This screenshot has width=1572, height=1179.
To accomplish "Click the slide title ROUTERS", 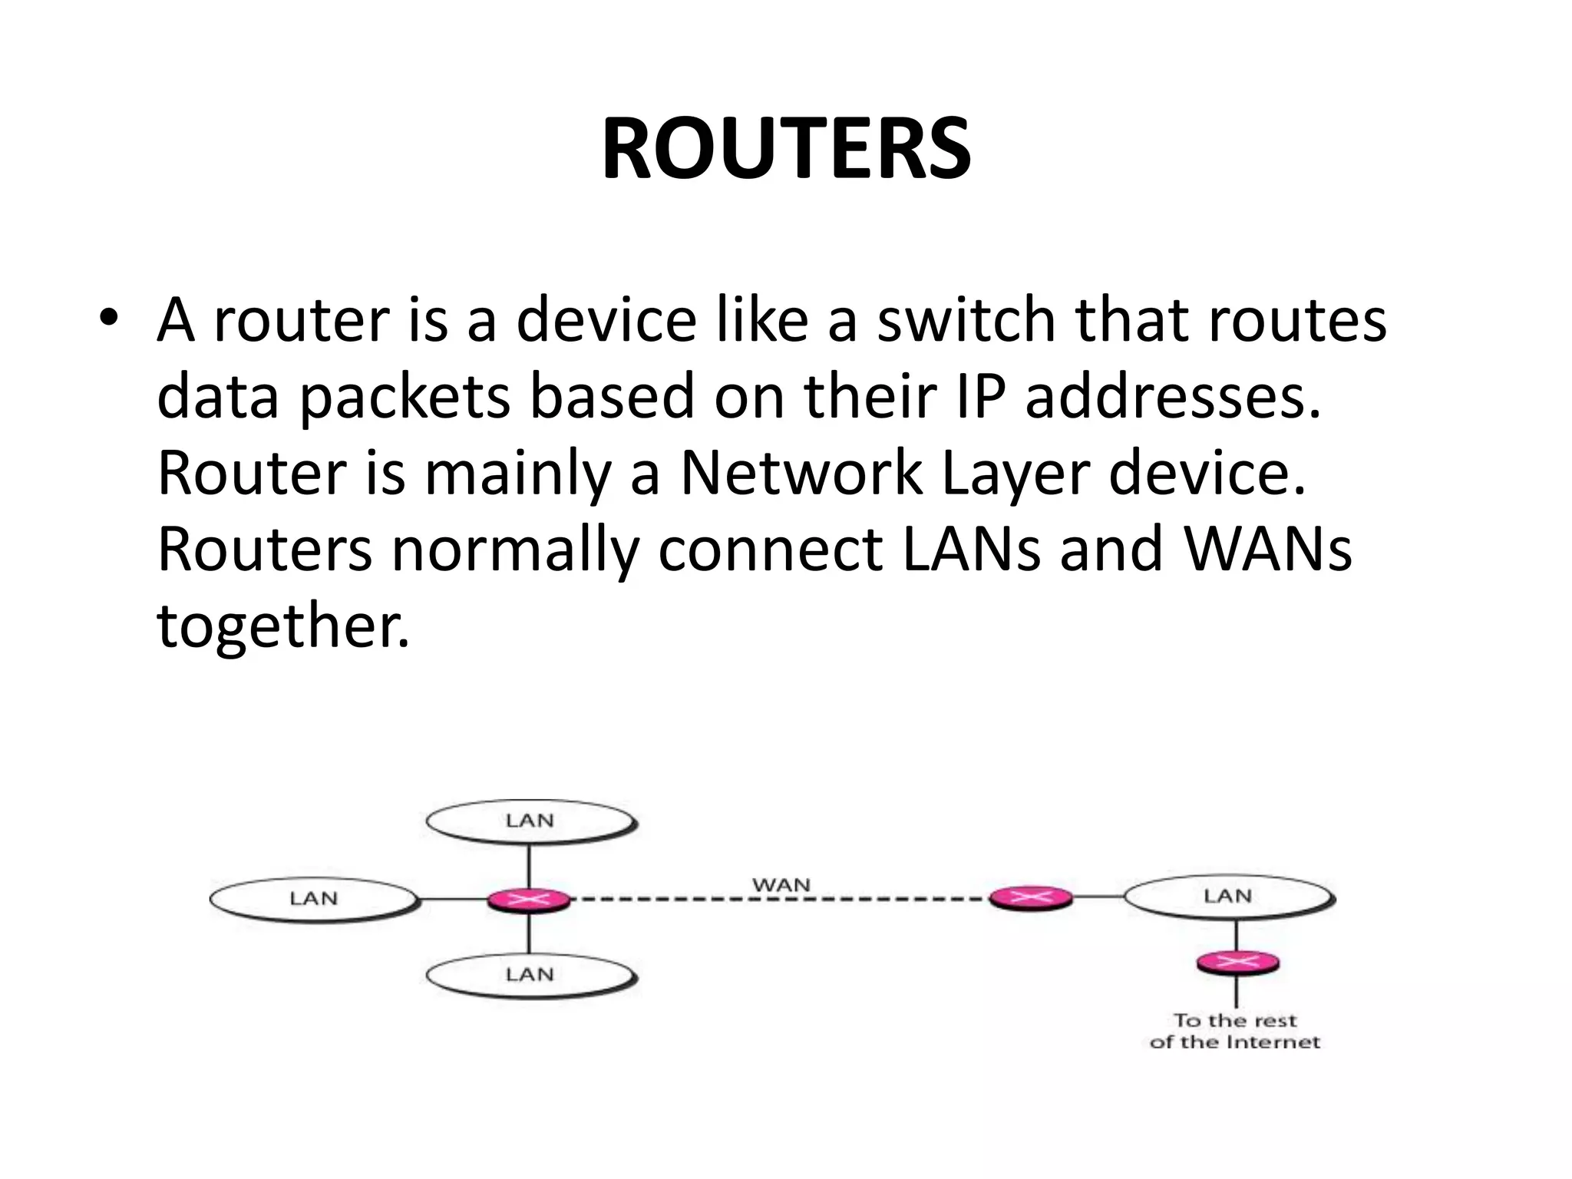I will (x=786, y=149).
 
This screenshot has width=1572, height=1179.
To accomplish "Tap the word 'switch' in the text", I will (x=966, y=319).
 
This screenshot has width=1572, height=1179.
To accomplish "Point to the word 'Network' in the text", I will (x=801, y=473).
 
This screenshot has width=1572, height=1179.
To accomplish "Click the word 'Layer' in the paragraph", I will (x=1015, y=473).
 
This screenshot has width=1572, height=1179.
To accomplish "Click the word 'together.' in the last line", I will (x=283, y=626).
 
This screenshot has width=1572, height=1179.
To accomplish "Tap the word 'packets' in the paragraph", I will (x=405, y=396).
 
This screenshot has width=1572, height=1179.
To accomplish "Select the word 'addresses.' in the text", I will (x=1174, y=396).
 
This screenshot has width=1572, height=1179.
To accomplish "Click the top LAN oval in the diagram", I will (x=530, y=821).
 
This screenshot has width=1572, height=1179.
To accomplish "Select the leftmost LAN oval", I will (x=314, y=899).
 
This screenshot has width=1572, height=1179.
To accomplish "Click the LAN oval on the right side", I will (x=1228, y=897).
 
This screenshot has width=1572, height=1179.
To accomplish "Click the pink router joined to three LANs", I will (x=529, y=899).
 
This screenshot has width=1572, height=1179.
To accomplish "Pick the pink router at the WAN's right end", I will (x=1030, y=897).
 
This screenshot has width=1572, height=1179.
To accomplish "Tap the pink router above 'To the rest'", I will (x=1237, y=963).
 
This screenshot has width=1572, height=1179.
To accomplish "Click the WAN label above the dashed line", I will (x=781, y=885).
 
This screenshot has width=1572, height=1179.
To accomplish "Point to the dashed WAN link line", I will (x=780, y=899).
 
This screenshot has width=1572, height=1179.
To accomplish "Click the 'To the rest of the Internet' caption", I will (x=1234, y=1032).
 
